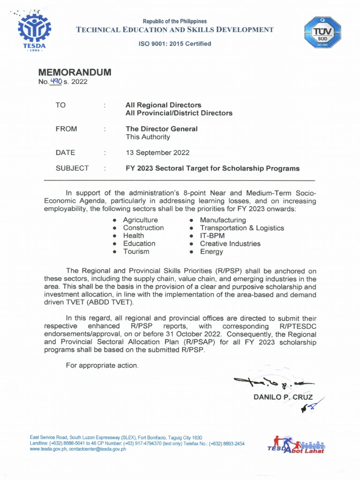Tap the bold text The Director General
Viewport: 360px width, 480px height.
point(162,128)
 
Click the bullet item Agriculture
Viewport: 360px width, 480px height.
point(140,220)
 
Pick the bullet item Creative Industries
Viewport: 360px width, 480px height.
point(230,244)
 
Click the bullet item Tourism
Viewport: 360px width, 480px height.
point(136,252)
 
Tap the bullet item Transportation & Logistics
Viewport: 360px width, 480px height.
point(241,228)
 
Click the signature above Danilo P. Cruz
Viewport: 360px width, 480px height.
point(271,385)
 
